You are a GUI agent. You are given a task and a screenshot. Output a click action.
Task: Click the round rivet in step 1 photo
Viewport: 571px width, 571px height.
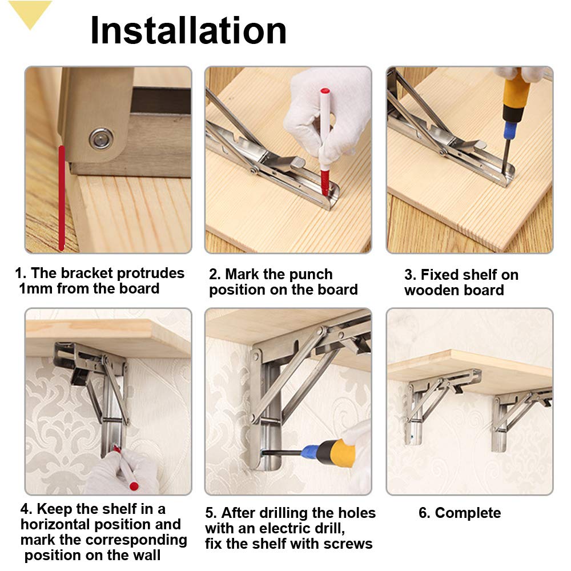(x=101, y=138)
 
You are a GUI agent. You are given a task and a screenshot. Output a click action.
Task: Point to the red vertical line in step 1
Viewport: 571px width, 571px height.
(x=61, y=197)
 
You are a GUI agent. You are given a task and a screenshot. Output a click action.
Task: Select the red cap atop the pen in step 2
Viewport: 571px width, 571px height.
(x=325, y=92)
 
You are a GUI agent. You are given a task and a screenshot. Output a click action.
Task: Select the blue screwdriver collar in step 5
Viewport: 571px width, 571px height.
(x=312, y=452)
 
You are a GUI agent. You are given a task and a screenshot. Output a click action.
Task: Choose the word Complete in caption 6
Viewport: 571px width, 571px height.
(x=468, y=513)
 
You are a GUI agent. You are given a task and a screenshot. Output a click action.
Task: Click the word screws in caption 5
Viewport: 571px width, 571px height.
(x=348, y=544)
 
